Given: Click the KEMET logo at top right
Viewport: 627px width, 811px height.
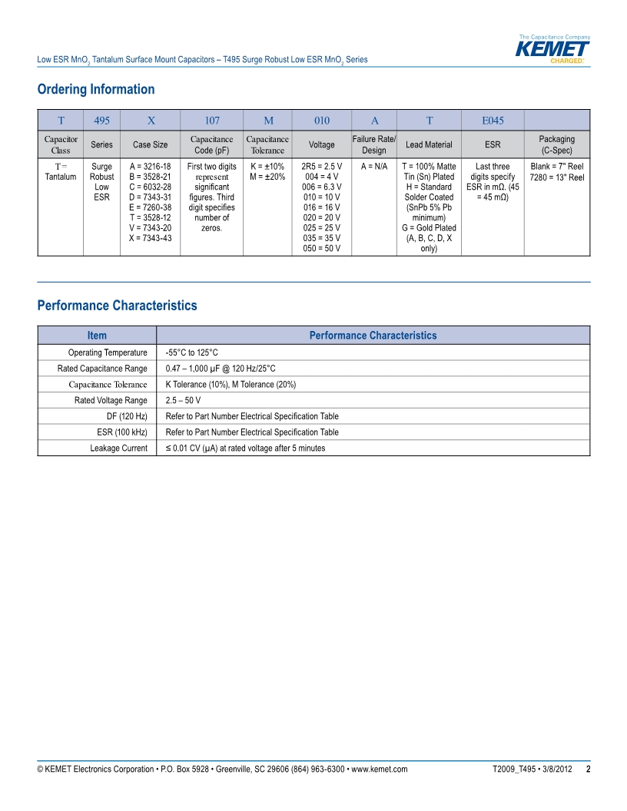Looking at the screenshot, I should point(552,49).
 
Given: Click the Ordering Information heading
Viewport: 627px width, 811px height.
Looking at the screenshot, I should point(96,89).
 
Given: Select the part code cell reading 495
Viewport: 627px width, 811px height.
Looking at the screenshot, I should point(101,121).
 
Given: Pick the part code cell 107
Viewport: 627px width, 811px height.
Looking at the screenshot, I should point(211,121).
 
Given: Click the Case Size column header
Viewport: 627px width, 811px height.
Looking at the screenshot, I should point(150,144).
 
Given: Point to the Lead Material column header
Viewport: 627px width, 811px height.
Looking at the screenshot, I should point(429,144).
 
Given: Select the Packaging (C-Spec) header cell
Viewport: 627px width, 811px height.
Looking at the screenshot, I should point(556,144).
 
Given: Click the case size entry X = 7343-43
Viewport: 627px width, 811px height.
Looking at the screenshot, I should point(150,238).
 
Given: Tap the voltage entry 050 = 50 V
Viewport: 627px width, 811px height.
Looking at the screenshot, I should point(323,249).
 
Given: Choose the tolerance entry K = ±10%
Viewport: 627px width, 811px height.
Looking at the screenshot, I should point(267,166).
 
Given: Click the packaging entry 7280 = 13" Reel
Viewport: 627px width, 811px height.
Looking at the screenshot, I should point(556,177).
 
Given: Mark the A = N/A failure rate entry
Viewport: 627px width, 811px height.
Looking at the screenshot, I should point(373,166).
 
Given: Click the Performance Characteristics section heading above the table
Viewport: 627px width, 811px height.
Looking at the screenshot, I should point(117,306).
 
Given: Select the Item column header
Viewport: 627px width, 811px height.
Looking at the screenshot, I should point(97,336).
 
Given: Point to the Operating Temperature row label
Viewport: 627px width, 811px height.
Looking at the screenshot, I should point(108,353).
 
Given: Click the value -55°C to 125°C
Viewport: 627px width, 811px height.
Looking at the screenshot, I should point(192,353).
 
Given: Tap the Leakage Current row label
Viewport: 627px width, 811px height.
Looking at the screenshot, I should point(118,448).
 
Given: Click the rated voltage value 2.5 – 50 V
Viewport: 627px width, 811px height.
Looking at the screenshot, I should point(183,400).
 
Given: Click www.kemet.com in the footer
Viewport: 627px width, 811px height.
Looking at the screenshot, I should point(379,770).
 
